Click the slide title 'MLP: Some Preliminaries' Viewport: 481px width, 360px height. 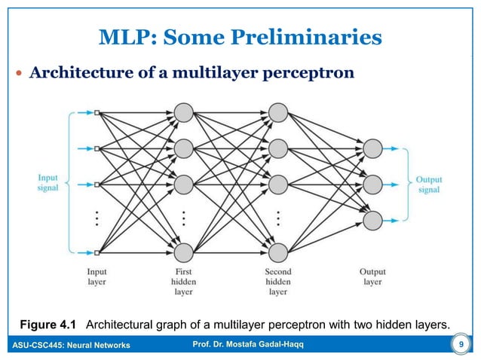240,36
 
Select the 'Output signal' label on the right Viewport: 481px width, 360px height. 428,185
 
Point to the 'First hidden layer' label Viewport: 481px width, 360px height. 184,281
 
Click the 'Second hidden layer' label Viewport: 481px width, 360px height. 278,281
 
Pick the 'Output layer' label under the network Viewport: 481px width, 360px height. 372,276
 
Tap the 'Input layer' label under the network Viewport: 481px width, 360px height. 97,276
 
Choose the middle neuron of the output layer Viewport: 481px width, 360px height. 372,184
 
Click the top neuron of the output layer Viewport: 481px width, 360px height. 372,148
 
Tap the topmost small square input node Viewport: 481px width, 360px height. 97,114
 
